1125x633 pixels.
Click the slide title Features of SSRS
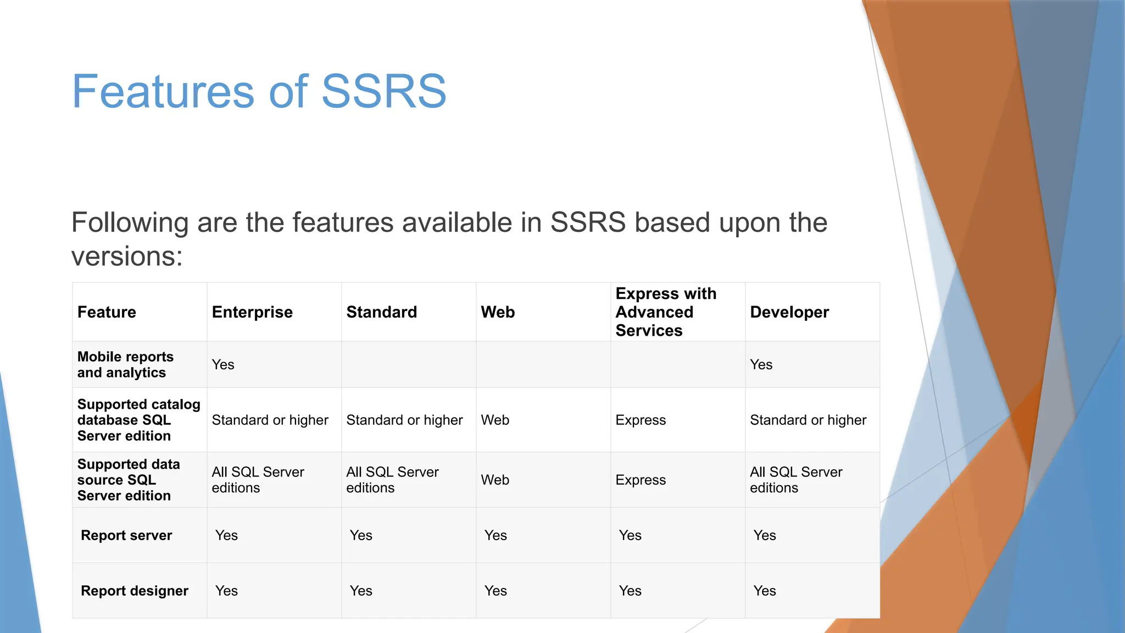tap(259, 91)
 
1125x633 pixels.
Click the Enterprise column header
tap(252, 312)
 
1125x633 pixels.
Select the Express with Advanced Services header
tap(665, 312)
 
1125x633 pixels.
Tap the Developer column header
tap(789, 312)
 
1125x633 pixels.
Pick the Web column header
tap(498, 312)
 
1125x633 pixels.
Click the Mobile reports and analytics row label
tap(125, 365)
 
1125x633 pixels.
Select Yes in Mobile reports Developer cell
tap(761, 365)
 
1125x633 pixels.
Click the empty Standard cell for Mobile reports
tap(408, 365)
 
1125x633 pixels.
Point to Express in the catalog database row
tap(641, 420)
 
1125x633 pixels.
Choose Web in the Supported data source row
tap(495, 480)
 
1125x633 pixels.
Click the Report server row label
tap(126, 536)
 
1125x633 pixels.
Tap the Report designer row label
tap(134, 591)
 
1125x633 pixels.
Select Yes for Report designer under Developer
tap(764, 591)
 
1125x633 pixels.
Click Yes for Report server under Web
tap(495, 536)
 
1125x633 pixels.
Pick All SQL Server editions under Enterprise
tap(257, 480)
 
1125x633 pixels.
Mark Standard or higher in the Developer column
tap(807, 420)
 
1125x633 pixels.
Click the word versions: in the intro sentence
tap(127, 257)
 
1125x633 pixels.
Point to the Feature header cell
tap(107, 312)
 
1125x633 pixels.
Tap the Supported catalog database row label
tap(138, 420)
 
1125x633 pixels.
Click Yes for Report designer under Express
tap(630, 591)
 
